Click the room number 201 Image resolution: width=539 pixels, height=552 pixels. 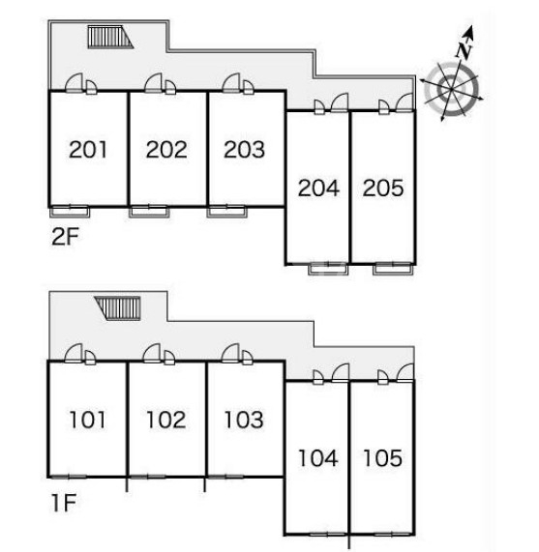click(88, 150)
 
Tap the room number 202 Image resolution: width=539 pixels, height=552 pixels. click(166, 150)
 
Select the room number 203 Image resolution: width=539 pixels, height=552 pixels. click(244, 150)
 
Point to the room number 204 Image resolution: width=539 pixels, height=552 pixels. click(318, 188)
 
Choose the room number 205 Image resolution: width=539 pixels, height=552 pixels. click(383, 188)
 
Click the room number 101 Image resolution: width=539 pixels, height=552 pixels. click(87, 420)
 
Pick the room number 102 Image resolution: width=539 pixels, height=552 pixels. click(165, 420)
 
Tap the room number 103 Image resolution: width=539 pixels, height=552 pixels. click(244, 420)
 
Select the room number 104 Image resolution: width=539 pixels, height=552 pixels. click(318, 458)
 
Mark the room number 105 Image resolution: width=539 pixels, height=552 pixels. click(382, 458)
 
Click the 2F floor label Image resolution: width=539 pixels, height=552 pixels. click(65, 236)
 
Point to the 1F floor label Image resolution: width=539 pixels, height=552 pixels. click(64, 503)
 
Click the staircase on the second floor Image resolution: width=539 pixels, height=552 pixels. click(110, 37)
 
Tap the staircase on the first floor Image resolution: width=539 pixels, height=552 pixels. click(118, 308)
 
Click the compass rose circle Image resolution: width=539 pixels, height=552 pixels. click(452, 89)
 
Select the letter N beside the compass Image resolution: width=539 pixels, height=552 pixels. click(464, 49)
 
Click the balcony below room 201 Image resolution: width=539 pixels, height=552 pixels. click(70, 212)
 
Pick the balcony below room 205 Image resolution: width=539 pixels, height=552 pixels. click(393, 269)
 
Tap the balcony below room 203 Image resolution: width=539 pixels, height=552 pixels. click(227, 212)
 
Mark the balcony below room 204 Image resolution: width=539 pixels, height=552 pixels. click(328, 269)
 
